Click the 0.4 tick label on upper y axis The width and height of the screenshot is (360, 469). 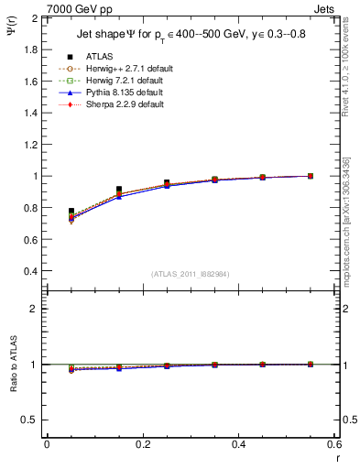[30, 271]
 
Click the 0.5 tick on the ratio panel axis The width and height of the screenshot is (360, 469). [30, 420]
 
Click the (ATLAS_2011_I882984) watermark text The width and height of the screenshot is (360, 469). [191, 273]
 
